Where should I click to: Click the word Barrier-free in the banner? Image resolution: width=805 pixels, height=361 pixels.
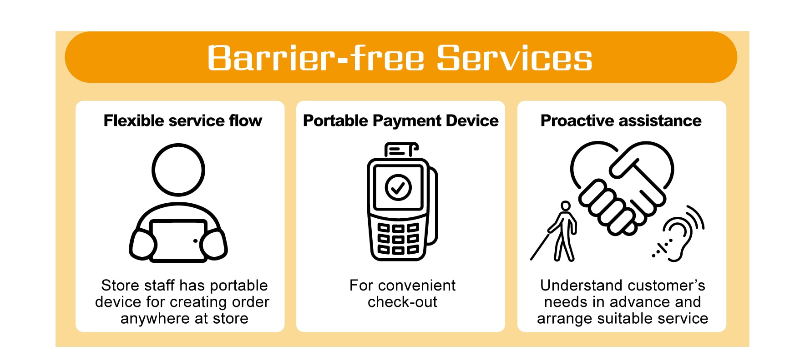316,58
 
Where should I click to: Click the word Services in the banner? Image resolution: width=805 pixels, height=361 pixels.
514,58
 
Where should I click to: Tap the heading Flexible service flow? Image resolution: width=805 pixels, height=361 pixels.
182,120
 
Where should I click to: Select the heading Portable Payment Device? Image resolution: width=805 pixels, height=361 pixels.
400,120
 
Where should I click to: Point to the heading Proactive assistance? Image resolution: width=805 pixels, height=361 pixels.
621,120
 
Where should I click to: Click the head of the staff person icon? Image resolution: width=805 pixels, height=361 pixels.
178,170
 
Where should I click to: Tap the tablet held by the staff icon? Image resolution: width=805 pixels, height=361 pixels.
178,241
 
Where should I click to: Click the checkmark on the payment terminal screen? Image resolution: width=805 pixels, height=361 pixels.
398,187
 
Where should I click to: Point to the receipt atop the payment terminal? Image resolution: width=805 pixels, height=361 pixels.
400,150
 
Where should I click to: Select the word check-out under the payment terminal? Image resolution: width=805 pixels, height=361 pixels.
402,302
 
